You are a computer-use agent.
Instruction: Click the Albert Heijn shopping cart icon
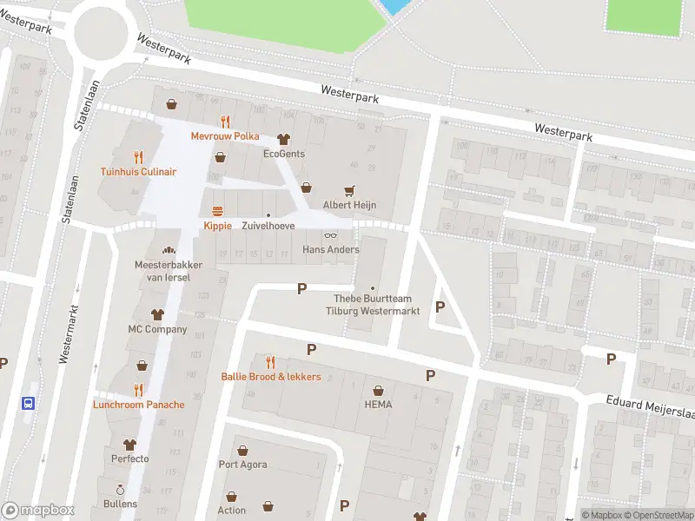tap(350, 190)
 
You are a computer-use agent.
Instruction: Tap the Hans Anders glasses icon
tap(330, 235)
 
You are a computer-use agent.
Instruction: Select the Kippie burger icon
tap(217, 211)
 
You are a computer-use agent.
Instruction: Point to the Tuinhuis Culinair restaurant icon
tap(138, 157)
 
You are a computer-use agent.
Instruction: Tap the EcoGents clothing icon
tap(283, 139)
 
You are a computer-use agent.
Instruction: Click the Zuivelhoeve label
tap(268, 226)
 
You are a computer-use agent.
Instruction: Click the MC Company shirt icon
tap(157, 314)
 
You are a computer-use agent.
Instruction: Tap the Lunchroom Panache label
tap(139, 405)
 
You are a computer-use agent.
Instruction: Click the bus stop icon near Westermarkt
tap(29, 403)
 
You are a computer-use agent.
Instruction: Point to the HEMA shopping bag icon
tap(378, 390)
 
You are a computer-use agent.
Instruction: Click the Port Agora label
tap(242, 465)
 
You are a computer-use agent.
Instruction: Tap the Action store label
tap(232, 511)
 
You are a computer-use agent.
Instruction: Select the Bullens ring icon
tap(120, 489)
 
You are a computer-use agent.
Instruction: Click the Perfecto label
tap(130, 458)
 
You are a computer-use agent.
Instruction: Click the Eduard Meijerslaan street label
tap(652, 406)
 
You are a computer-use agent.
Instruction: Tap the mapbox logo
tap(38, 511)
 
